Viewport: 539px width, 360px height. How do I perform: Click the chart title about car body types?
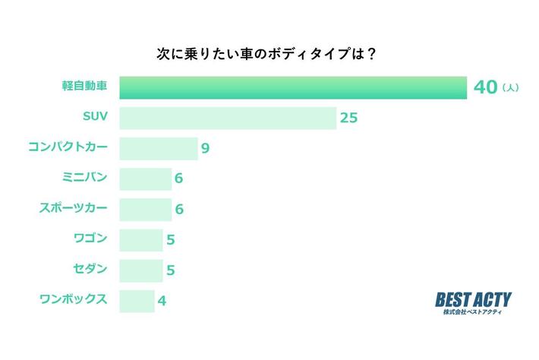click(x=269, y=54)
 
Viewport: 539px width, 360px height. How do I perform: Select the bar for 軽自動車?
click(x=292, y=87)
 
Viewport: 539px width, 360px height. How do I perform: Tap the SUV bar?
click(x=228, y=118)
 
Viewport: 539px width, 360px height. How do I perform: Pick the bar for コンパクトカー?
click(x=159, y=148)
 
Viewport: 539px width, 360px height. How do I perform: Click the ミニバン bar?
click(x=146, y=178)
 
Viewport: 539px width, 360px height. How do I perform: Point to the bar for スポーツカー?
click(x=146, y=209)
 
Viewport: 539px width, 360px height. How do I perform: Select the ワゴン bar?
click(x=141, y=239)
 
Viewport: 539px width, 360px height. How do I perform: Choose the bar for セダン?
click(x=141, y=270)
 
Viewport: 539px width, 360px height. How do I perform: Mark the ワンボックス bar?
click(x=137, y=300)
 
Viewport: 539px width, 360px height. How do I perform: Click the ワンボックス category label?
click(x=73, y=298)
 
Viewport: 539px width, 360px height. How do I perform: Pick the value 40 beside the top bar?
click(x=485, y=87)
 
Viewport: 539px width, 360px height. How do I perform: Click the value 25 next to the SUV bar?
click(x=349, y=118)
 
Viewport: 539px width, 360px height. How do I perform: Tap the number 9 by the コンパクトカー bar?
click(x=205, y=149)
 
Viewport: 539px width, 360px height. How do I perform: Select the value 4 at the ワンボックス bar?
click(x=162, y=301)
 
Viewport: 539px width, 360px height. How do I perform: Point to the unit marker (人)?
click(x=511, y=89)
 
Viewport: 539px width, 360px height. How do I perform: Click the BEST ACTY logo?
click(x=474, y=302)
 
